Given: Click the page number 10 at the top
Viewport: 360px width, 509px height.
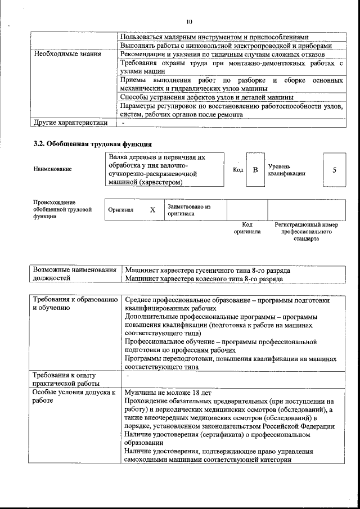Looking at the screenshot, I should pyautogui.click(x=189, y=21).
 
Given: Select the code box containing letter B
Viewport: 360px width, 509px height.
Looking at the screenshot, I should pyautogui.click(x=255, y=169).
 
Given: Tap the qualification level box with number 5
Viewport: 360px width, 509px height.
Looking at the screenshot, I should pyautogui.click(x=334, y=169).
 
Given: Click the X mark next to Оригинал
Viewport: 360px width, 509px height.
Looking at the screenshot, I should pyautogui.click(x=152, y=210).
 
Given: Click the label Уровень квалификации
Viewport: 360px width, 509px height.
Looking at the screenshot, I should pyautogui.click(x=287, y=170).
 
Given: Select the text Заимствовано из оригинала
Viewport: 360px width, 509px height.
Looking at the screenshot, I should pyautogui.click(x=189, y=210).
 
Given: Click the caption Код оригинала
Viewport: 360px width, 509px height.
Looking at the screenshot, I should pyautogui.click(x=247, y=228).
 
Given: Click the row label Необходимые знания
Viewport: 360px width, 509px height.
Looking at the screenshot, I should pyautogui.click(x=67, y=54).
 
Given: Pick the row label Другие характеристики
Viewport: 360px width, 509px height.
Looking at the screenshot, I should pyautogui.click(x=70, y=122).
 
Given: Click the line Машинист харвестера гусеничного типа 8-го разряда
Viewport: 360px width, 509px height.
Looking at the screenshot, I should pyautogui.click(x=208, y=271).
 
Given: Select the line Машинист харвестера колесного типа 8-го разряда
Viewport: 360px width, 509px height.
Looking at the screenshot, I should pyautogui.click(x=204, y=278).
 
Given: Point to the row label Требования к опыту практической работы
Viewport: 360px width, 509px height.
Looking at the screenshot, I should pyautogui.click(x=65, y=379).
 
